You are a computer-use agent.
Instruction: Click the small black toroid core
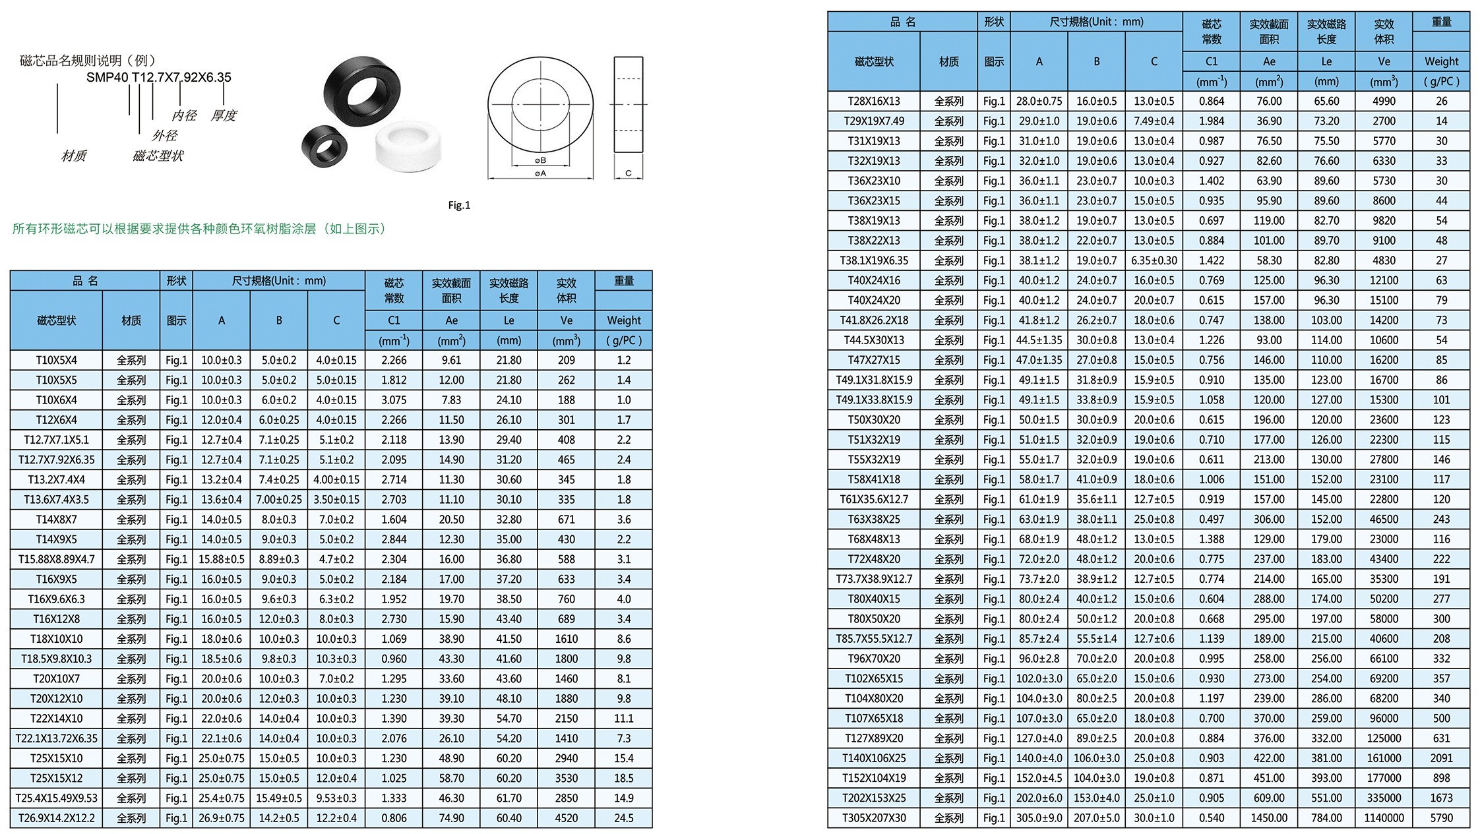click(324, 146)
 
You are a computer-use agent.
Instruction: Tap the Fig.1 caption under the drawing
click(459, 205)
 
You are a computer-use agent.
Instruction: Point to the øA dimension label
click(540, 173)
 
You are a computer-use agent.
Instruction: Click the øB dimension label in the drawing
click(540, 160)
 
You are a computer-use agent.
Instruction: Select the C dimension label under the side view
click(628, 173)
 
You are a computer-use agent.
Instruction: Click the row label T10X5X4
click(56, 360)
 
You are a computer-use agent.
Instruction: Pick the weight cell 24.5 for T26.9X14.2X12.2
click(623, 818)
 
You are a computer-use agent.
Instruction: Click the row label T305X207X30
click(874, 818)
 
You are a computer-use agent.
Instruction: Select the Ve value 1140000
click(1384, 818)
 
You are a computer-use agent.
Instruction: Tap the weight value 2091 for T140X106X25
click(1441, 758)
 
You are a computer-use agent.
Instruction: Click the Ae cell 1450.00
click(1269, 818)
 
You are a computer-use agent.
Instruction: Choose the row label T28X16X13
click(874, 101)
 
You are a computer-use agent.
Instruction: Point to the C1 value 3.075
click(394, 400)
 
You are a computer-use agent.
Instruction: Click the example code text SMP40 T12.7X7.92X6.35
click(159, 77)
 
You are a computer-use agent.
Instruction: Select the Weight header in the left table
click(623, 320)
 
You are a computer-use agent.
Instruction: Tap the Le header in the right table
click(1326, 61)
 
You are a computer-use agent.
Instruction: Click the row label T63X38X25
click(874, 520)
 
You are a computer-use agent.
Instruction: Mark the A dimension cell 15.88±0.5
click(222, 559)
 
